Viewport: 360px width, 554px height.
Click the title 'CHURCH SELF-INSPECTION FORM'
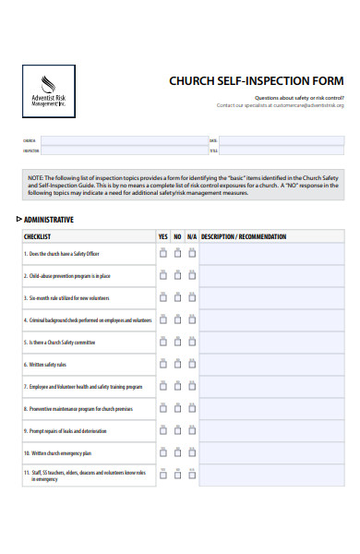(256, 80)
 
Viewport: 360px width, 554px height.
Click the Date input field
(282, 140)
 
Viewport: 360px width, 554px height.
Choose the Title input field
(282, 151)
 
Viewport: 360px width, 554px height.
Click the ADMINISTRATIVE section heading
(49, 220)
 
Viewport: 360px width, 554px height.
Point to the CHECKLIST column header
(38, 237)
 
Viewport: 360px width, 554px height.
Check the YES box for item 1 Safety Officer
(163, 252)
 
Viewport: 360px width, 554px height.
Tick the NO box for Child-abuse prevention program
(177, 275)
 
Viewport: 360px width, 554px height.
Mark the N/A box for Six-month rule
(191, 297)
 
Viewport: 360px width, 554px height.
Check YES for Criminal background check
(163, 319)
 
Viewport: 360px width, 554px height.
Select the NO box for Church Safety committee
(177, 342)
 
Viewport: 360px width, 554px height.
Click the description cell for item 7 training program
(271, 386)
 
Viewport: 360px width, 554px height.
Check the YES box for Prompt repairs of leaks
(163, 430)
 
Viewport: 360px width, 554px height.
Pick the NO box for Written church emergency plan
(177, 452)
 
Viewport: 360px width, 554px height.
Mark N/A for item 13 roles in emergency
(191, 475)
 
